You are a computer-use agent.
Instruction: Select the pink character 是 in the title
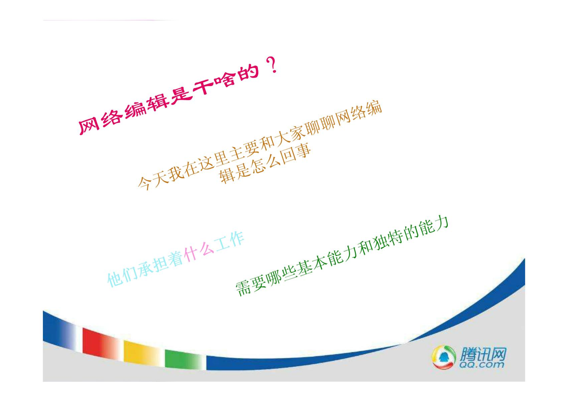[x=180, y=94]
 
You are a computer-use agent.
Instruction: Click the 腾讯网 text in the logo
[x=483, y=354]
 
